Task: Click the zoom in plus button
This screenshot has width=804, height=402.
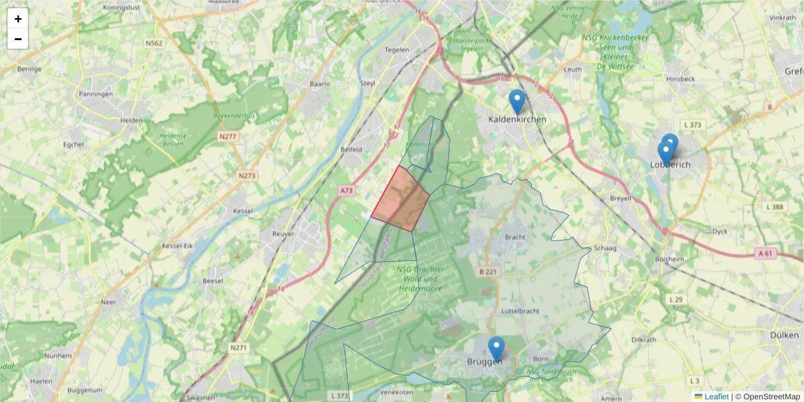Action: [18, 19]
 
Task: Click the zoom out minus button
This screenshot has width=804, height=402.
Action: [18, 39]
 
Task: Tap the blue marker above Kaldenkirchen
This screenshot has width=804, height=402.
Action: [517, 102]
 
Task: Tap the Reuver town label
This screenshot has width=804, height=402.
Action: [283, 233]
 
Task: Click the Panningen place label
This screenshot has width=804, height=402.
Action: [96, 94]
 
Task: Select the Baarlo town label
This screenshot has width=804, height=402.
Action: [320, 84]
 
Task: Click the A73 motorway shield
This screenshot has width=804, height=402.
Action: [346, 191]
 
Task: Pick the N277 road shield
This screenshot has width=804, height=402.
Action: [228, 136]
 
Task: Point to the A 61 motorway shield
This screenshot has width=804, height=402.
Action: [766, 253]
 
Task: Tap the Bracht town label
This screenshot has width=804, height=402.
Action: [515, 237]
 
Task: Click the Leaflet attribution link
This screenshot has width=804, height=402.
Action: [716, 397]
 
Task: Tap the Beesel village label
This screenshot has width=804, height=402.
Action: [213, 281]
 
